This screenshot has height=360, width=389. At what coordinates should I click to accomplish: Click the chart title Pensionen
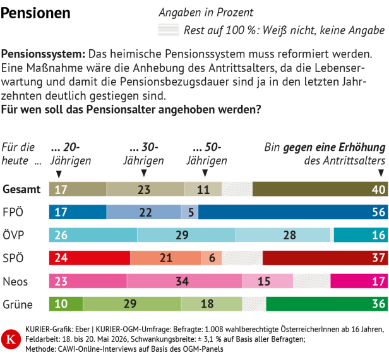[35, 13]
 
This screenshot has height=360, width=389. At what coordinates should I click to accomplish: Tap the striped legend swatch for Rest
[168, 30]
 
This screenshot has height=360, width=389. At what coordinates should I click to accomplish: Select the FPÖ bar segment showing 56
[293, 212]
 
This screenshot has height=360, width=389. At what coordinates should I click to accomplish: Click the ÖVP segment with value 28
[283, 235]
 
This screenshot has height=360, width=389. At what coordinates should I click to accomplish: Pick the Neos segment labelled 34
[184, 281]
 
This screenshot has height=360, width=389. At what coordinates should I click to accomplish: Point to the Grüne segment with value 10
[66, 304]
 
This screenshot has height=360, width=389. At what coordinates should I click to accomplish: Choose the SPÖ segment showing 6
[212, 258]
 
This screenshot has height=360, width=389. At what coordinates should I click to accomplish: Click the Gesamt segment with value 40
[320, 189]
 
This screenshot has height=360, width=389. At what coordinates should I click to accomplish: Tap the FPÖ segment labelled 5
[189, 212]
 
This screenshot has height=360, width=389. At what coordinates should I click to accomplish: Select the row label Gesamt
[21, 189]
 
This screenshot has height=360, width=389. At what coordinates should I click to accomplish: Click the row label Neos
[15, 282]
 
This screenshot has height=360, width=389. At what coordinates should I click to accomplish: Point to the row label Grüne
[18, 304]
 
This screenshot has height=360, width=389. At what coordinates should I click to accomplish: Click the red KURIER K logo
[11, 339]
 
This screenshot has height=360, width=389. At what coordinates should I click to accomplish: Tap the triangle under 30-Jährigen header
[143, 172]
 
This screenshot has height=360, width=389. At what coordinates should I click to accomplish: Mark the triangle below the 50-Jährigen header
[205, 172]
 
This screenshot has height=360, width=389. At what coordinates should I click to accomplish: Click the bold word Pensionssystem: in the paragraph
[43, 54]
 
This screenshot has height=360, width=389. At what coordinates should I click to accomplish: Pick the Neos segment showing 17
[359, 281]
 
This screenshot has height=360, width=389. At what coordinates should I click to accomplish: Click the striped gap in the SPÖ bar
[242, 258]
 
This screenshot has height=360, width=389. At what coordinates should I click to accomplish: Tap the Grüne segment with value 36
[327, 304]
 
